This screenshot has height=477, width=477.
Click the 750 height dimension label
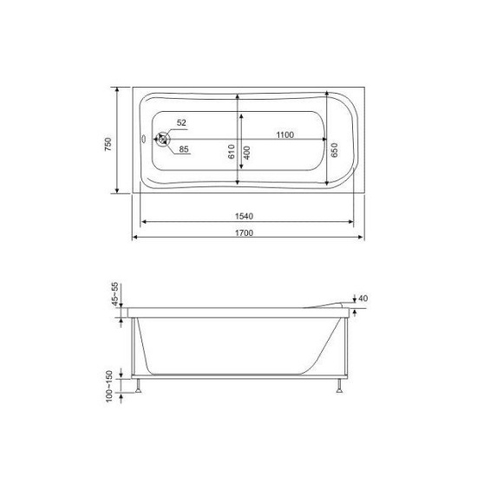click(x=108, y=145)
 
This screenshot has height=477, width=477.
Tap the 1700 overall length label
click(x=244, y=232)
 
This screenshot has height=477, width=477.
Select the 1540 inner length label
click(x=244, y=216)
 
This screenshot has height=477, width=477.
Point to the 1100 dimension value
click(x=285, y=134)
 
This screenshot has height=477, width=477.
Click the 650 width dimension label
click(x=334, y=150)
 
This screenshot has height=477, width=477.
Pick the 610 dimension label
click(x=232, y=152)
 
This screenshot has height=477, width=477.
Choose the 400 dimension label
click(x=246, y=153)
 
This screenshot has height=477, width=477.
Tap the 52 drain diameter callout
click(x=181, y=122)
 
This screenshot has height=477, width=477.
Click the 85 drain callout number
click(x=184, y=149)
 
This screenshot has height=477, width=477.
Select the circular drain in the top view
click(x=163, y=140)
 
